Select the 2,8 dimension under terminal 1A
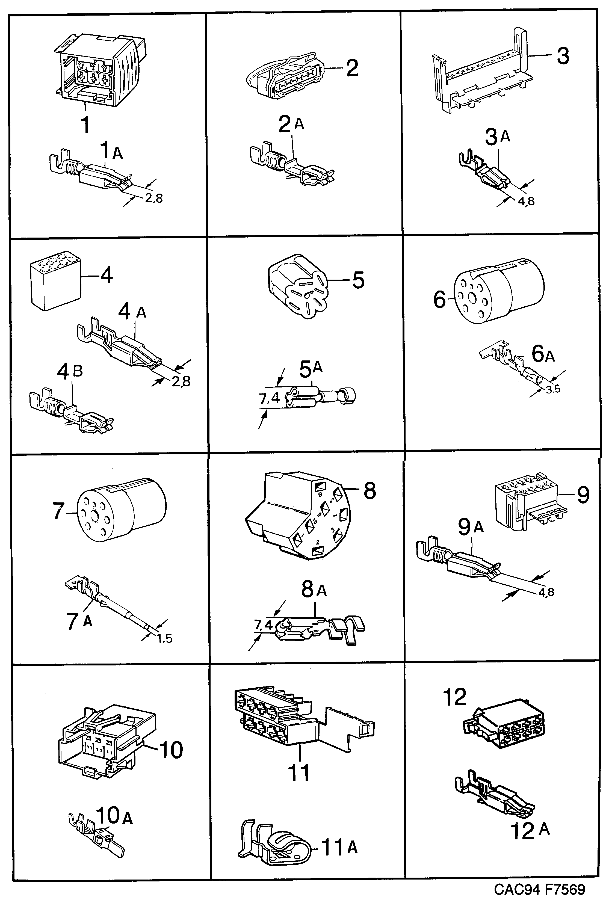coord(154,199)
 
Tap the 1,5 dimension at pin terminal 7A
coord(164,638)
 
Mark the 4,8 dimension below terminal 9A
coord(546,592)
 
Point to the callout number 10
coord(171,750)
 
